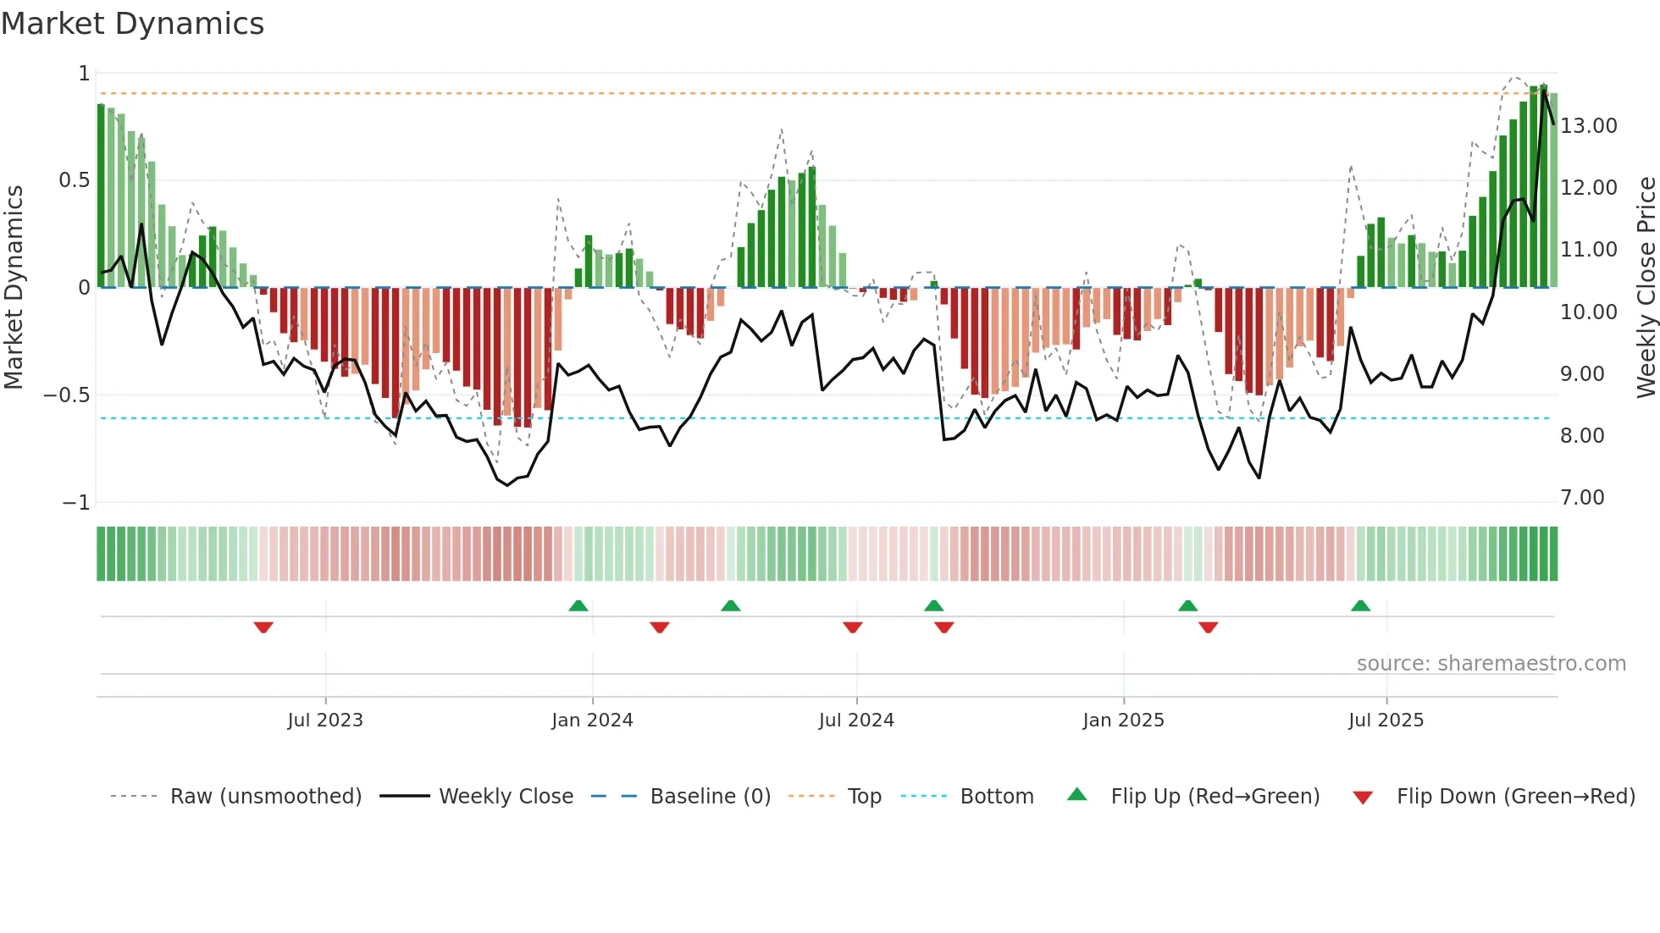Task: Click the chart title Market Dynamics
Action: coord(133,24)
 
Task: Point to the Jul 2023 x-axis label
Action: coord(325,720)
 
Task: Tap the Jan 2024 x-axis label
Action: coord(592,720)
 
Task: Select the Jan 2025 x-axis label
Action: coord(1123,720)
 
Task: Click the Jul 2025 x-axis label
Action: coord(1386,720)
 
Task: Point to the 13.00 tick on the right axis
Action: coord(1589,126)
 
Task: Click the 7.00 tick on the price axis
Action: coord(1582,498)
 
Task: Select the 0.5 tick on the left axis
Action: coord(74,180)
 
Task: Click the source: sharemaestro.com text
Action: coord(1491,664)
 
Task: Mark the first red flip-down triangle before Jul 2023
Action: coord(263,627)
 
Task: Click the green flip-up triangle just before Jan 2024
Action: coord(578,605)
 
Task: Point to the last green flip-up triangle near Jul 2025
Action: coord(1360,605)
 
